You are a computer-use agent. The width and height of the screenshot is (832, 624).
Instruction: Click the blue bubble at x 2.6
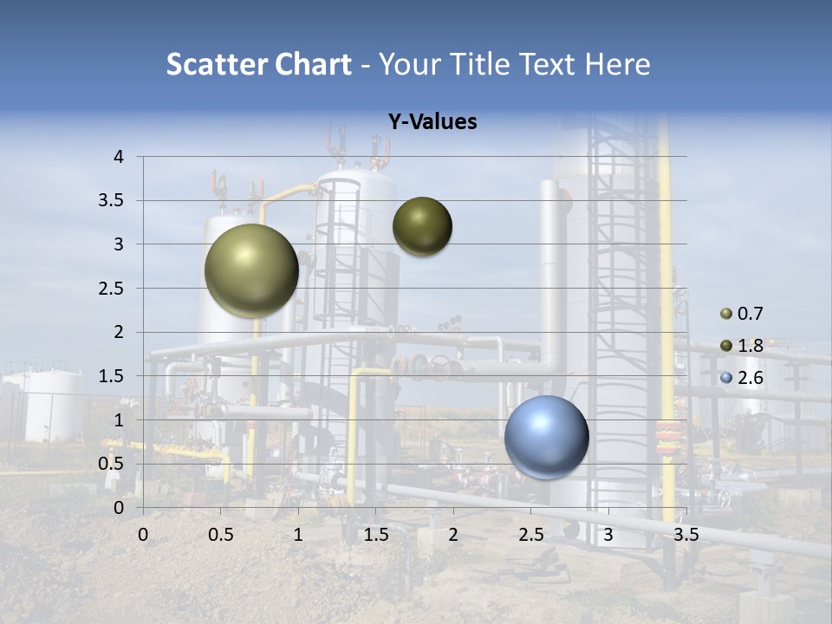click(x=546, y=437)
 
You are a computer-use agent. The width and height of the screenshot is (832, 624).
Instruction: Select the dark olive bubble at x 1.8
click(x=422, y=226)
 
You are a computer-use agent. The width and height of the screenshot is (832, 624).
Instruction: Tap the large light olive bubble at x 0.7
click(x=251, y=270)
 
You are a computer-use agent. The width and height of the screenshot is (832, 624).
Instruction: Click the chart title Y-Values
click(x=432, y=122)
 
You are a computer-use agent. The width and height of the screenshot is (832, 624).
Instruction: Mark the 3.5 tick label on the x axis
click(x=686, y=535)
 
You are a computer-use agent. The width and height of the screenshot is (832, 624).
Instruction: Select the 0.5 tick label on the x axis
click(x=221, y=535)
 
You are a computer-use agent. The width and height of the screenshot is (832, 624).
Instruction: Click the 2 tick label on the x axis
click(x=453, y=535)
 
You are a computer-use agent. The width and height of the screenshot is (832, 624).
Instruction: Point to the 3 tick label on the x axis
click(x=608, y=535)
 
